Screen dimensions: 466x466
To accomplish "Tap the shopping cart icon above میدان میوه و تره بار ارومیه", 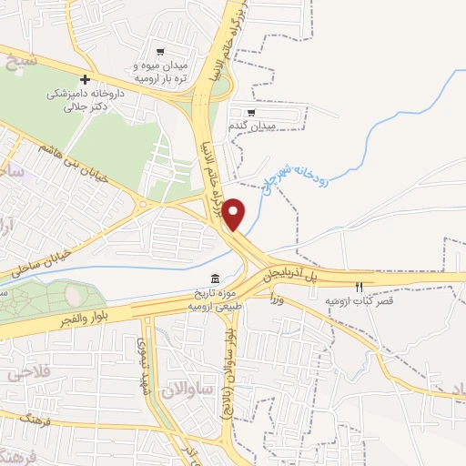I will tap(160, 52).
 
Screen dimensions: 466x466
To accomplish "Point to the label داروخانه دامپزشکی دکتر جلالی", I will tap(83, 100).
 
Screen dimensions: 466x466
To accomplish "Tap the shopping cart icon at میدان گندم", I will tap(251, 111).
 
